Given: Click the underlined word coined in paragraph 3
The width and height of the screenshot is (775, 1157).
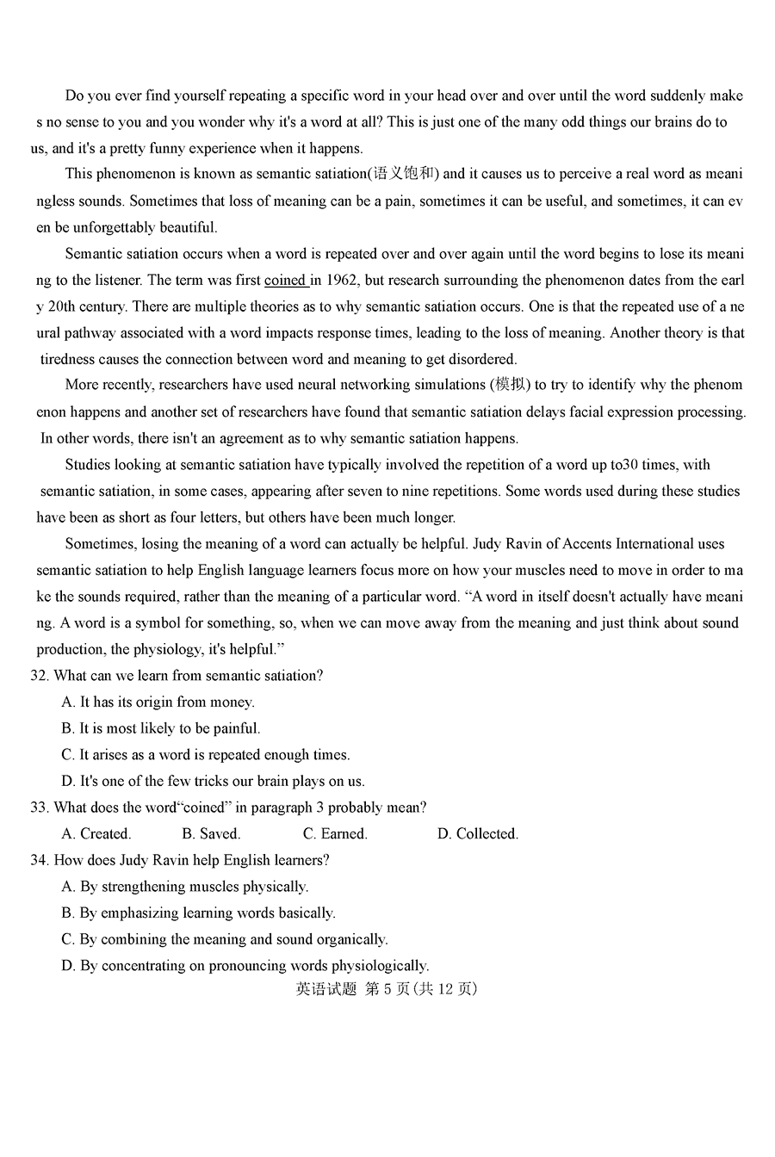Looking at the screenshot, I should [x=285, y=280].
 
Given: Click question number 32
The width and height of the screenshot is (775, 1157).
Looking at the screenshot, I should [x=40, y=676].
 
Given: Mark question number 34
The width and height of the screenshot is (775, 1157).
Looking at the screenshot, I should [x=40, y=860].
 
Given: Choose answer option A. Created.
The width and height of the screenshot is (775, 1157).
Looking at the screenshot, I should [x=96, y=833].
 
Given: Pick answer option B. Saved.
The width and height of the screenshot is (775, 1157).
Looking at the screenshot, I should [x=211, y=833].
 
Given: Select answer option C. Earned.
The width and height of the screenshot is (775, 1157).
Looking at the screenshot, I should [x=335, y=833].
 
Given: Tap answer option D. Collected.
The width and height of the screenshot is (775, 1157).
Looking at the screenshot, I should [x=478, y=833].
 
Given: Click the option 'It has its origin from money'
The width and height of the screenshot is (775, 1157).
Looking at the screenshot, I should [x=158, y=702].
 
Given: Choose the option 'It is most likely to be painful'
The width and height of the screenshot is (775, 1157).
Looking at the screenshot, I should [x=161, y=728].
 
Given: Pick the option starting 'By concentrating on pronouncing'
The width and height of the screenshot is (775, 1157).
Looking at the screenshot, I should [x=245, y=966].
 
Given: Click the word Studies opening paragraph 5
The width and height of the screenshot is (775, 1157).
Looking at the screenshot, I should [x=88, y=465].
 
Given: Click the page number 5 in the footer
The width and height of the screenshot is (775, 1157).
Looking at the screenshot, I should [x=389, y=989].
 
